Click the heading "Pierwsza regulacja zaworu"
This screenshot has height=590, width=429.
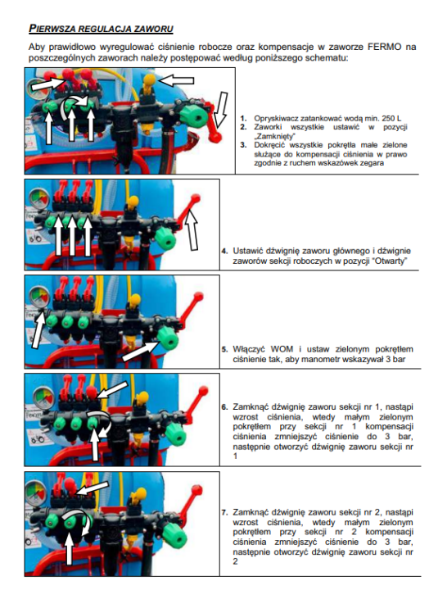pos(101,29)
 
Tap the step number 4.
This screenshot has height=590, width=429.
pos(224,251)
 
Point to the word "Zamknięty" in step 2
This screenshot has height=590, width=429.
pos(274,136)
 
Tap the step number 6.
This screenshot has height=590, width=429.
pos(224,407)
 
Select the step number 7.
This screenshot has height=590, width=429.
pos(224,512)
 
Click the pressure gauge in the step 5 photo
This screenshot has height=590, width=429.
pos(40,297)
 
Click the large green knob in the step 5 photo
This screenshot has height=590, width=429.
pos(167,338)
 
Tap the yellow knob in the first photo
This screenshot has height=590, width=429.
pos(149,80)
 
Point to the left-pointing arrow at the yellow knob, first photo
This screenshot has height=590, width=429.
pos(177,80)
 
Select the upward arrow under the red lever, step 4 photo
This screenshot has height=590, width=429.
pos(192,229)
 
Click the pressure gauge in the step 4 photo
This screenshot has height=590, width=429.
pos(40,199)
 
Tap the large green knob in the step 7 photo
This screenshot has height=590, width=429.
pos(175,534)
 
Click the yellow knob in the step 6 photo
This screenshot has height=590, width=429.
pos(143,397)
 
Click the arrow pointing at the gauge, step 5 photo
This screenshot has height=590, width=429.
pos(38,328)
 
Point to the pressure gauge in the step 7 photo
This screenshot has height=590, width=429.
pos(36,493)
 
